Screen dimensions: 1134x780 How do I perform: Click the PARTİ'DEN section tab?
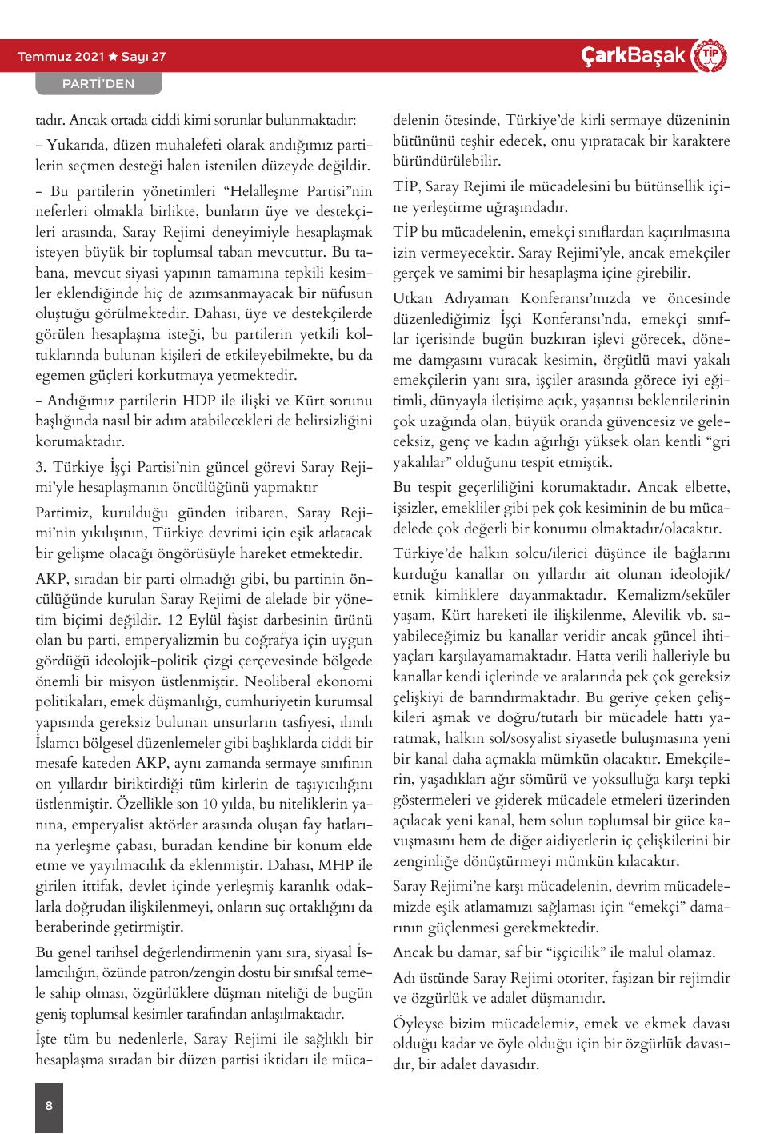tap(98, 83)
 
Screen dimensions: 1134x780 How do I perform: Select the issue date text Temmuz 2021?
tap(60, 57)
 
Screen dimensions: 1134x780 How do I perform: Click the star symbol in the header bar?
tap(113, 57)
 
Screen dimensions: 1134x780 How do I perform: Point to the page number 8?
tap(49, 1106)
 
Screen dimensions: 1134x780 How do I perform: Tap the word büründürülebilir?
tap(446, 161)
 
